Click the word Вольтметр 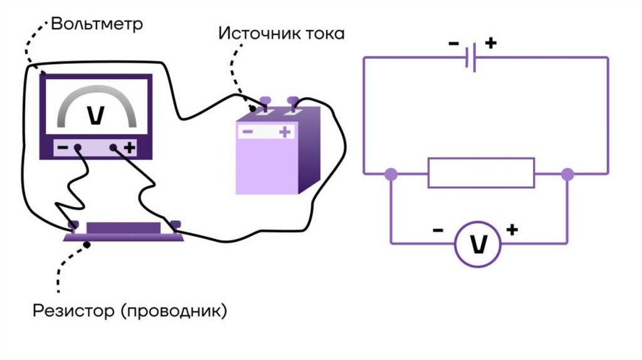point(97,24)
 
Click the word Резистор point(73,310)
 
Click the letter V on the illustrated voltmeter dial point(96,115)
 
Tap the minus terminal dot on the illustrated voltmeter point(78,149)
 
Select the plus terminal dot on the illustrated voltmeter point(113,149)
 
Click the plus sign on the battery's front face point(285,132)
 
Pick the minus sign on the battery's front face point(248,132)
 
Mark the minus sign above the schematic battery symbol point(453,44)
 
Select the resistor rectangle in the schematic point(481,173)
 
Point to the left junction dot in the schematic point(391,174)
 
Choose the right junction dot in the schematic point(567,174)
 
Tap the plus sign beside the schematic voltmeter point(512,230)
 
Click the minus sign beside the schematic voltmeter point(438,230)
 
